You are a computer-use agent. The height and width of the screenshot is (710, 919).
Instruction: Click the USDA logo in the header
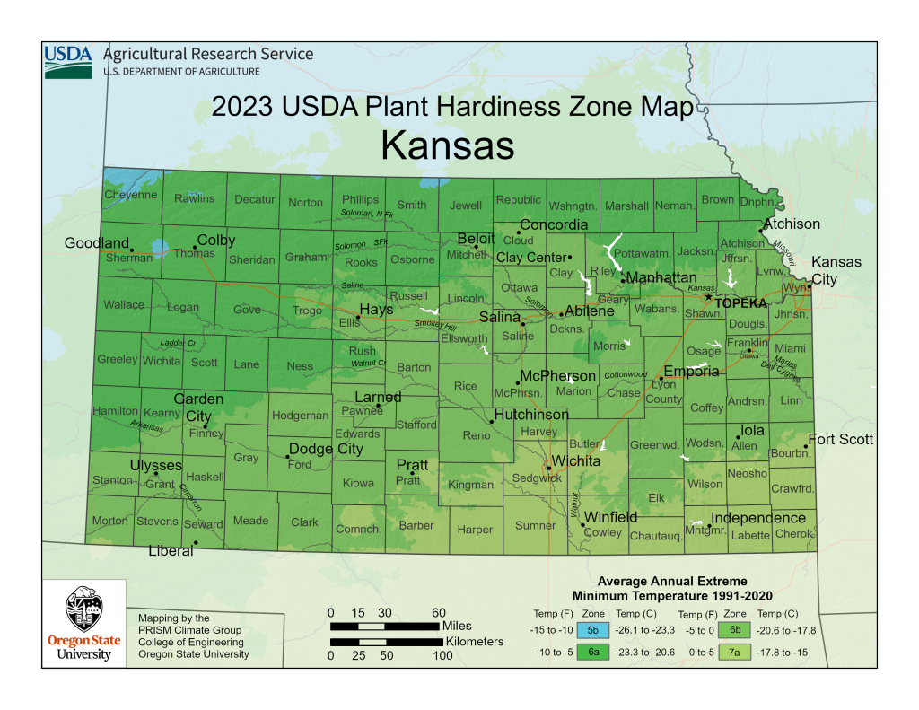tap(68, 61)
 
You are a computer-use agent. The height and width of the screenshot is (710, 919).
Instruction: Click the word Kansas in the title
tap(447, 145)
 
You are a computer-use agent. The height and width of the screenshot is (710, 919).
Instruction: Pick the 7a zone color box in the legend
tap(734, 653)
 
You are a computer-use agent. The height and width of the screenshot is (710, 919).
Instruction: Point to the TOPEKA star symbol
tap(708, 297)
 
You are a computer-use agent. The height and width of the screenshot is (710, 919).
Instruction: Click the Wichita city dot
tap(549, 467)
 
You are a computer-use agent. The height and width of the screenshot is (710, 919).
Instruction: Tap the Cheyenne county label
tap(130, 195)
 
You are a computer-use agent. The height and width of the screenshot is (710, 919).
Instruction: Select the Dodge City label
tap(326, 449)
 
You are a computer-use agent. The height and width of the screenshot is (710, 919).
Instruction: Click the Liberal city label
tap(171, 551)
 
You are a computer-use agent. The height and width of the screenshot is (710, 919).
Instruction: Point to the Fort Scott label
tap(841, 440)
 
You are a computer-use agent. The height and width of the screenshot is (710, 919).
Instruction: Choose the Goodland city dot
tap(131, 249)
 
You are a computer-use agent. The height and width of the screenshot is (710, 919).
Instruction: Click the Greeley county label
tap(117, 360)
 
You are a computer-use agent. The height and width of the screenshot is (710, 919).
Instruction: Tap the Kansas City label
tap(836, 270)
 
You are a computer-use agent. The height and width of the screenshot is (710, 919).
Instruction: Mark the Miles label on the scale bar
tap(457, 625)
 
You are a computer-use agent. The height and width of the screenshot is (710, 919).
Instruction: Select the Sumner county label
tap(535, 525)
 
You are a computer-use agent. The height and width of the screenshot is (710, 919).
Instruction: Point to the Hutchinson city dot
tap(492, 421)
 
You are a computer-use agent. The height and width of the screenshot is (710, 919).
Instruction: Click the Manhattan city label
tap(661, 278)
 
